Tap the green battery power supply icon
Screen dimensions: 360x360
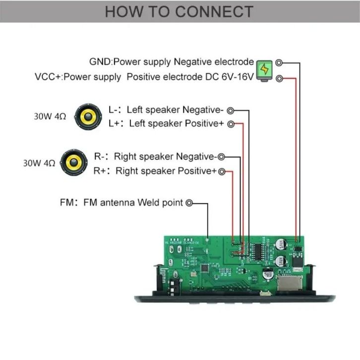265,70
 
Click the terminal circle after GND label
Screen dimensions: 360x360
279,63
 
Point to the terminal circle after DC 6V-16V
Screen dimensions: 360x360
279,78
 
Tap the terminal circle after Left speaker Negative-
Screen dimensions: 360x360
230,110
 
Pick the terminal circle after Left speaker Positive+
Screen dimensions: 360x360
231,124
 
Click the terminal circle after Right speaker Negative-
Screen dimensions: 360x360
222,157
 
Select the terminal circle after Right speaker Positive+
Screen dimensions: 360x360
222,172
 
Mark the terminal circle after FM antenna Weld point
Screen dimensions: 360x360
189,203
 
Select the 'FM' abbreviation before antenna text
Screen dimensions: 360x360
66,203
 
